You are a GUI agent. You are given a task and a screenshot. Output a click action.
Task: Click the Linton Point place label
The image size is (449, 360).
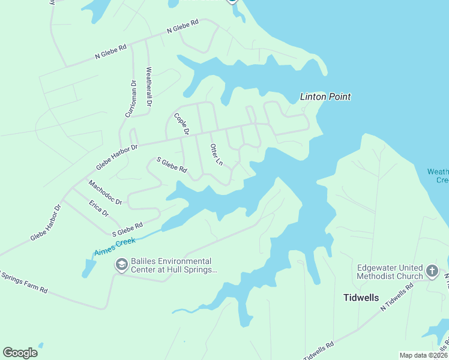(x=325, y=97)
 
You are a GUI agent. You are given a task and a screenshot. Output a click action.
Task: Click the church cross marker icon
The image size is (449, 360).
(x=432, y=271)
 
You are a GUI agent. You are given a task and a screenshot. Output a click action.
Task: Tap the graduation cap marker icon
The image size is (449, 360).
(x=121, y=265)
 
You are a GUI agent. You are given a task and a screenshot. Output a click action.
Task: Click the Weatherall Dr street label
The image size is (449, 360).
(x=149, y=87)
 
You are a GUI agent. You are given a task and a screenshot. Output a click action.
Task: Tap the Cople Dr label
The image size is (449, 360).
(x=182, y=124)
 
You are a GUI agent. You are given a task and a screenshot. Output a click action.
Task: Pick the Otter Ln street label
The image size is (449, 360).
(x=216, y=155)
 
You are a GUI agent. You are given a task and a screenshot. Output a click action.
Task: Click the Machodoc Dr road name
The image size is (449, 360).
(x=105, y=193)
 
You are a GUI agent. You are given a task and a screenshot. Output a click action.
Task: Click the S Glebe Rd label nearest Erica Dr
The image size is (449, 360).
(x=127, y=229)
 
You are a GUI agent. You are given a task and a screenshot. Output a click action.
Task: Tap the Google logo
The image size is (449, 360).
(x=20, y=352)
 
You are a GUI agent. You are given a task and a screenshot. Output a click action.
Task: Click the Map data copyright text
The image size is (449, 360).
(x=423, y=355)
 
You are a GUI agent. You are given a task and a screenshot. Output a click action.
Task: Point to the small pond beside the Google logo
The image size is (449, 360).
(x=40, y=346)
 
